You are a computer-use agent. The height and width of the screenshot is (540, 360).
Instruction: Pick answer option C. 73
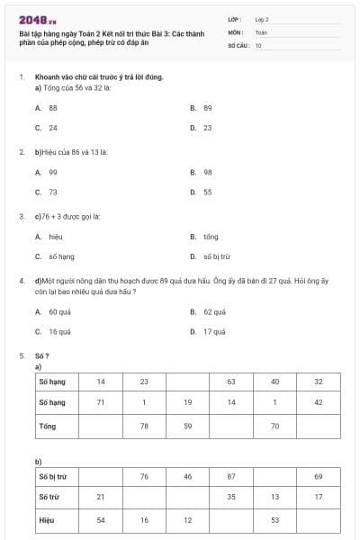(52, 192)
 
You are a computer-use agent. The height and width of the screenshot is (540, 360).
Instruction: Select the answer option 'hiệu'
(55, 237)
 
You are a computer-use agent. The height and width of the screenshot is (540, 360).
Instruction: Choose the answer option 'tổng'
(211, 237)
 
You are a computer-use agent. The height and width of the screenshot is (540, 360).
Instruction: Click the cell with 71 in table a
(102, 401)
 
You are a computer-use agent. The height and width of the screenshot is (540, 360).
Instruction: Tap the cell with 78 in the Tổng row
(144, 423)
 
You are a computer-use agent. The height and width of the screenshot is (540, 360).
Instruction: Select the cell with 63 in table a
(231, 382)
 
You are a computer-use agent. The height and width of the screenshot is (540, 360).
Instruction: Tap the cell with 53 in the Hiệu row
(274, 519)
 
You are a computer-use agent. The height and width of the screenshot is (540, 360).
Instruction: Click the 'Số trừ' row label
(49, 498)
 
